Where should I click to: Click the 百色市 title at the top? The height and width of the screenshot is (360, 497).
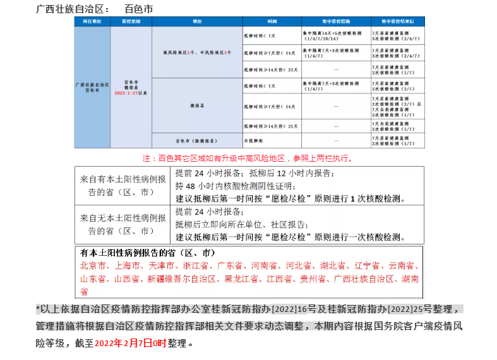(x=138, y=9)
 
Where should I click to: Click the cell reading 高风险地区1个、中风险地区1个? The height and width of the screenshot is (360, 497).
(x=196, y=52)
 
